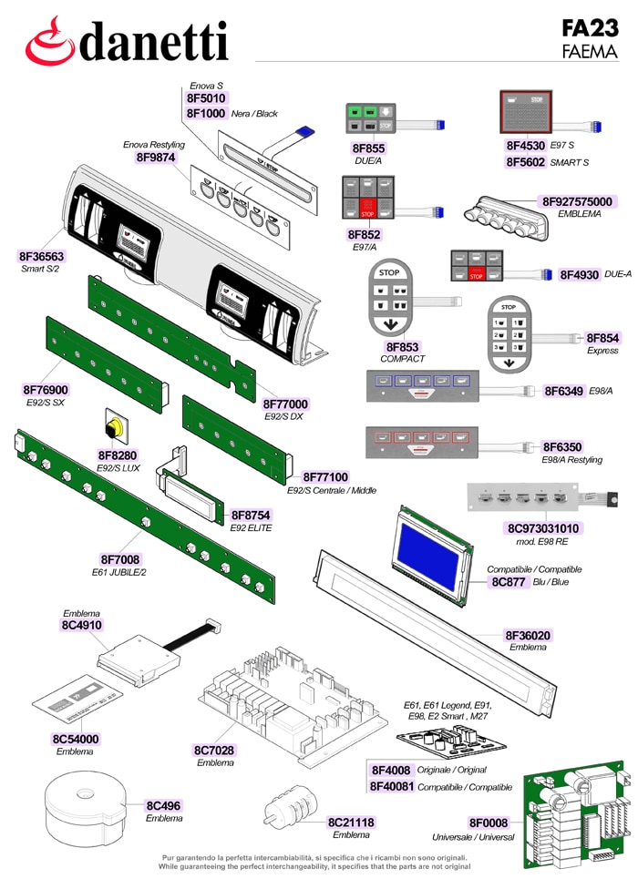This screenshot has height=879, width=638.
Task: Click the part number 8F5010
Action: click(206, 98)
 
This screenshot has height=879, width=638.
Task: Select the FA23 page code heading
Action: click(590, 28)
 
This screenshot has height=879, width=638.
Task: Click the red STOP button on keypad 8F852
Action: click(367, 210)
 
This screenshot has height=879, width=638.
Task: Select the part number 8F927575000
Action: click(577, 202)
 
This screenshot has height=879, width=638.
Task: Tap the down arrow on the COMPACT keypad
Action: click(390, 324)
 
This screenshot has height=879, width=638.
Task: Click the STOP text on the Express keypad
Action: click(509, 307)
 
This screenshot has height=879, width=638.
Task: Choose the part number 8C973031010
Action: click(542, 528)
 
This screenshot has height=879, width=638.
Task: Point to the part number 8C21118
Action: click(351, 823)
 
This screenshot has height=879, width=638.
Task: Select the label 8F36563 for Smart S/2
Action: click(42, 257)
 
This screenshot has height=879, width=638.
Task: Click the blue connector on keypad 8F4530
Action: click(598, 127)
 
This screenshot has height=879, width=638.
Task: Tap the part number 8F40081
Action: click(392, 786)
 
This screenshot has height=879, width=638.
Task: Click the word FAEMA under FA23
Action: click(590, 52)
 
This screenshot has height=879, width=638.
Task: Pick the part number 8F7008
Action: click(120, 559)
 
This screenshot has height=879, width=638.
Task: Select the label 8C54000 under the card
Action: click(75, 739)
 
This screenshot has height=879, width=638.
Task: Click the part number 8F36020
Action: click(528, 635)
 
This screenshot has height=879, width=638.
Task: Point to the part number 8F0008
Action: click(489, 823)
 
